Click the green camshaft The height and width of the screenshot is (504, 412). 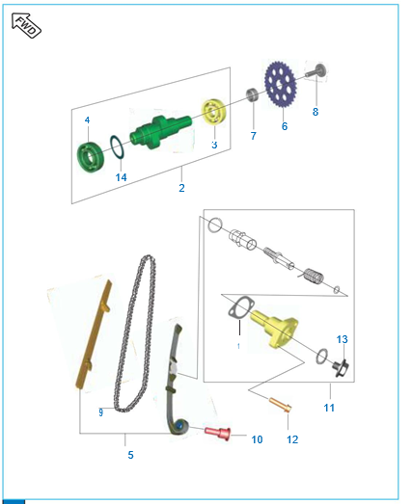coord(155,131)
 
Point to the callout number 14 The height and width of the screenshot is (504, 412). coord(121,177)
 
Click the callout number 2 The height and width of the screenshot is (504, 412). coord(181,188)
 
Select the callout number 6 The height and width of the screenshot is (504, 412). coord(285,126)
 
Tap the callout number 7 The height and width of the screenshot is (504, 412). coord(254,136)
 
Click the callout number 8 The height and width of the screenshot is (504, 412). coord(314,112)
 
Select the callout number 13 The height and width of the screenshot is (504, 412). coord(342,339)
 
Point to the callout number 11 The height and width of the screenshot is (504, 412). coord(329,409)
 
